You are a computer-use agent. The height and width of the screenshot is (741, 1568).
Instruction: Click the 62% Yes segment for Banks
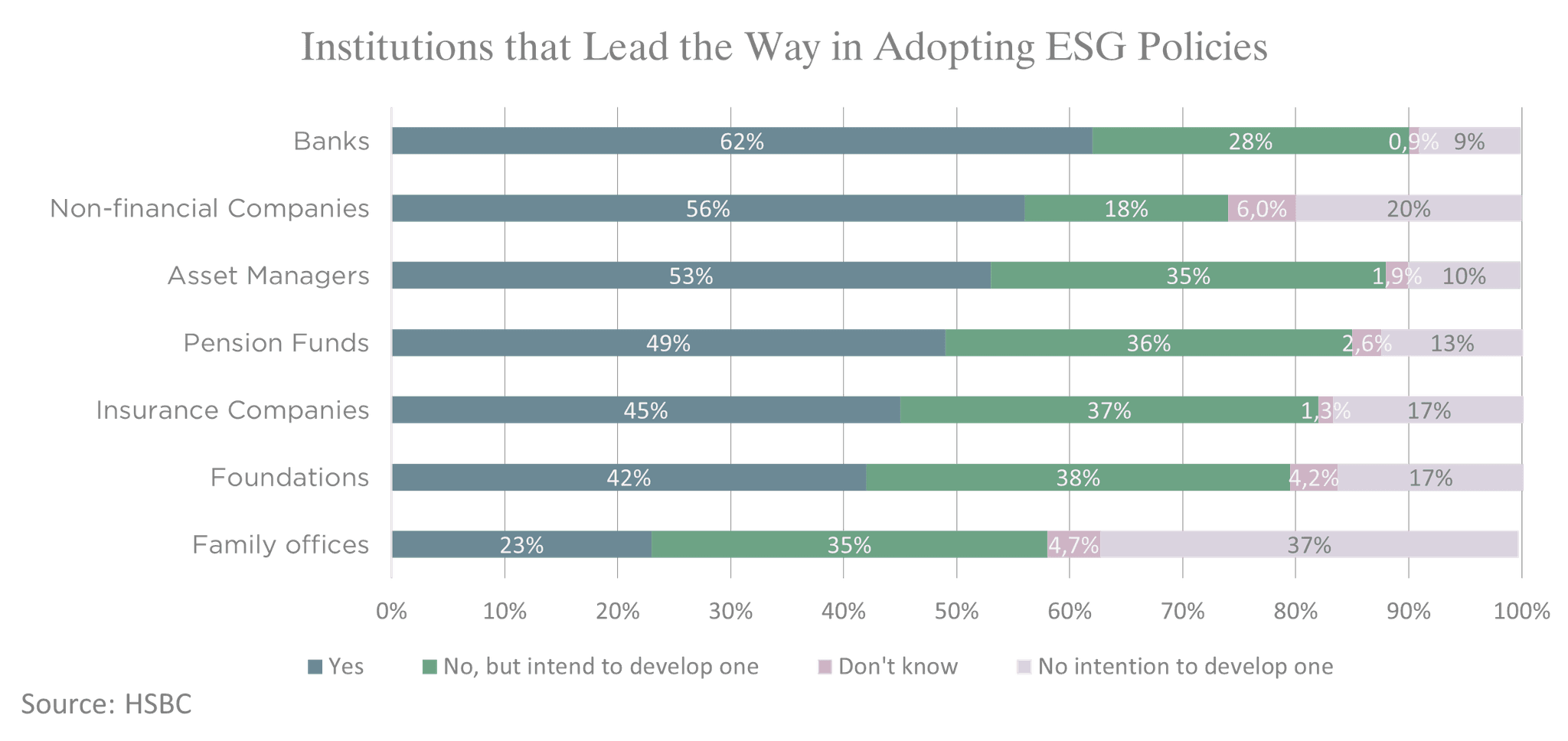tap(741, 142)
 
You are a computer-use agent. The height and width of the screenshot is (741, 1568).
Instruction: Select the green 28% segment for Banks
tap(1250, 142)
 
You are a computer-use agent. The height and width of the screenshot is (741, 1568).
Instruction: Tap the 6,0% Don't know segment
tap(1262, 209)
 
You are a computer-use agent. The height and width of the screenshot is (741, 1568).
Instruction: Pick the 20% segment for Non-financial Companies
tap(1409, 209)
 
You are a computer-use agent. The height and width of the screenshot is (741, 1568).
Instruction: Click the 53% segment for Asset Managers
tap(691, 276)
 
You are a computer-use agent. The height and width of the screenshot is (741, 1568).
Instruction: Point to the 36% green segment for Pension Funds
tap(1148, 344)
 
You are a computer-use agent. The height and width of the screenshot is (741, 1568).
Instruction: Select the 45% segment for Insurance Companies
tap(645, 410)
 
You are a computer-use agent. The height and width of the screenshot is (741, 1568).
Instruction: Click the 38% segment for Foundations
tap(1078, 478)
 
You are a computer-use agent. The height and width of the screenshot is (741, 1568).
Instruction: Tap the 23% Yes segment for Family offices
tap(521, 545)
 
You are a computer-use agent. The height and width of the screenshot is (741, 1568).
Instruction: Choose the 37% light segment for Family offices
tap(1309, 545)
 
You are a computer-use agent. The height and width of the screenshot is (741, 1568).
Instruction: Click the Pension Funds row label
tap(276, 343)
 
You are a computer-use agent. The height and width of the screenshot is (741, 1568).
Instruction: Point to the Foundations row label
tap(290, 478)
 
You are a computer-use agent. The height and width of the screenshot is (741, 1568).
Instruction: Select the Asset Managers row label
tap(269, 276)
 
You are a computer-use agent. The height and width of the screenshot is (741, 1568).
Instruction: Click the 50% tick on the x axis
tap(956, 612)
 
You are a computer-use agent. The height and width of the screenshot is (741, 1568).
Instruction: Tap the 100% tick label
tap(1521, 612)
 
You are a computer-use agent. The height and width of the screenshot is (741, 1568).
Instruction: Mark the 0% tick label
tap(391, 612)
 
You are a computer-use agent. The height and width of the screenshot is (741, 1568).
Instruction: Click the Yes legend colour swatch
tap(315, 667)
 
